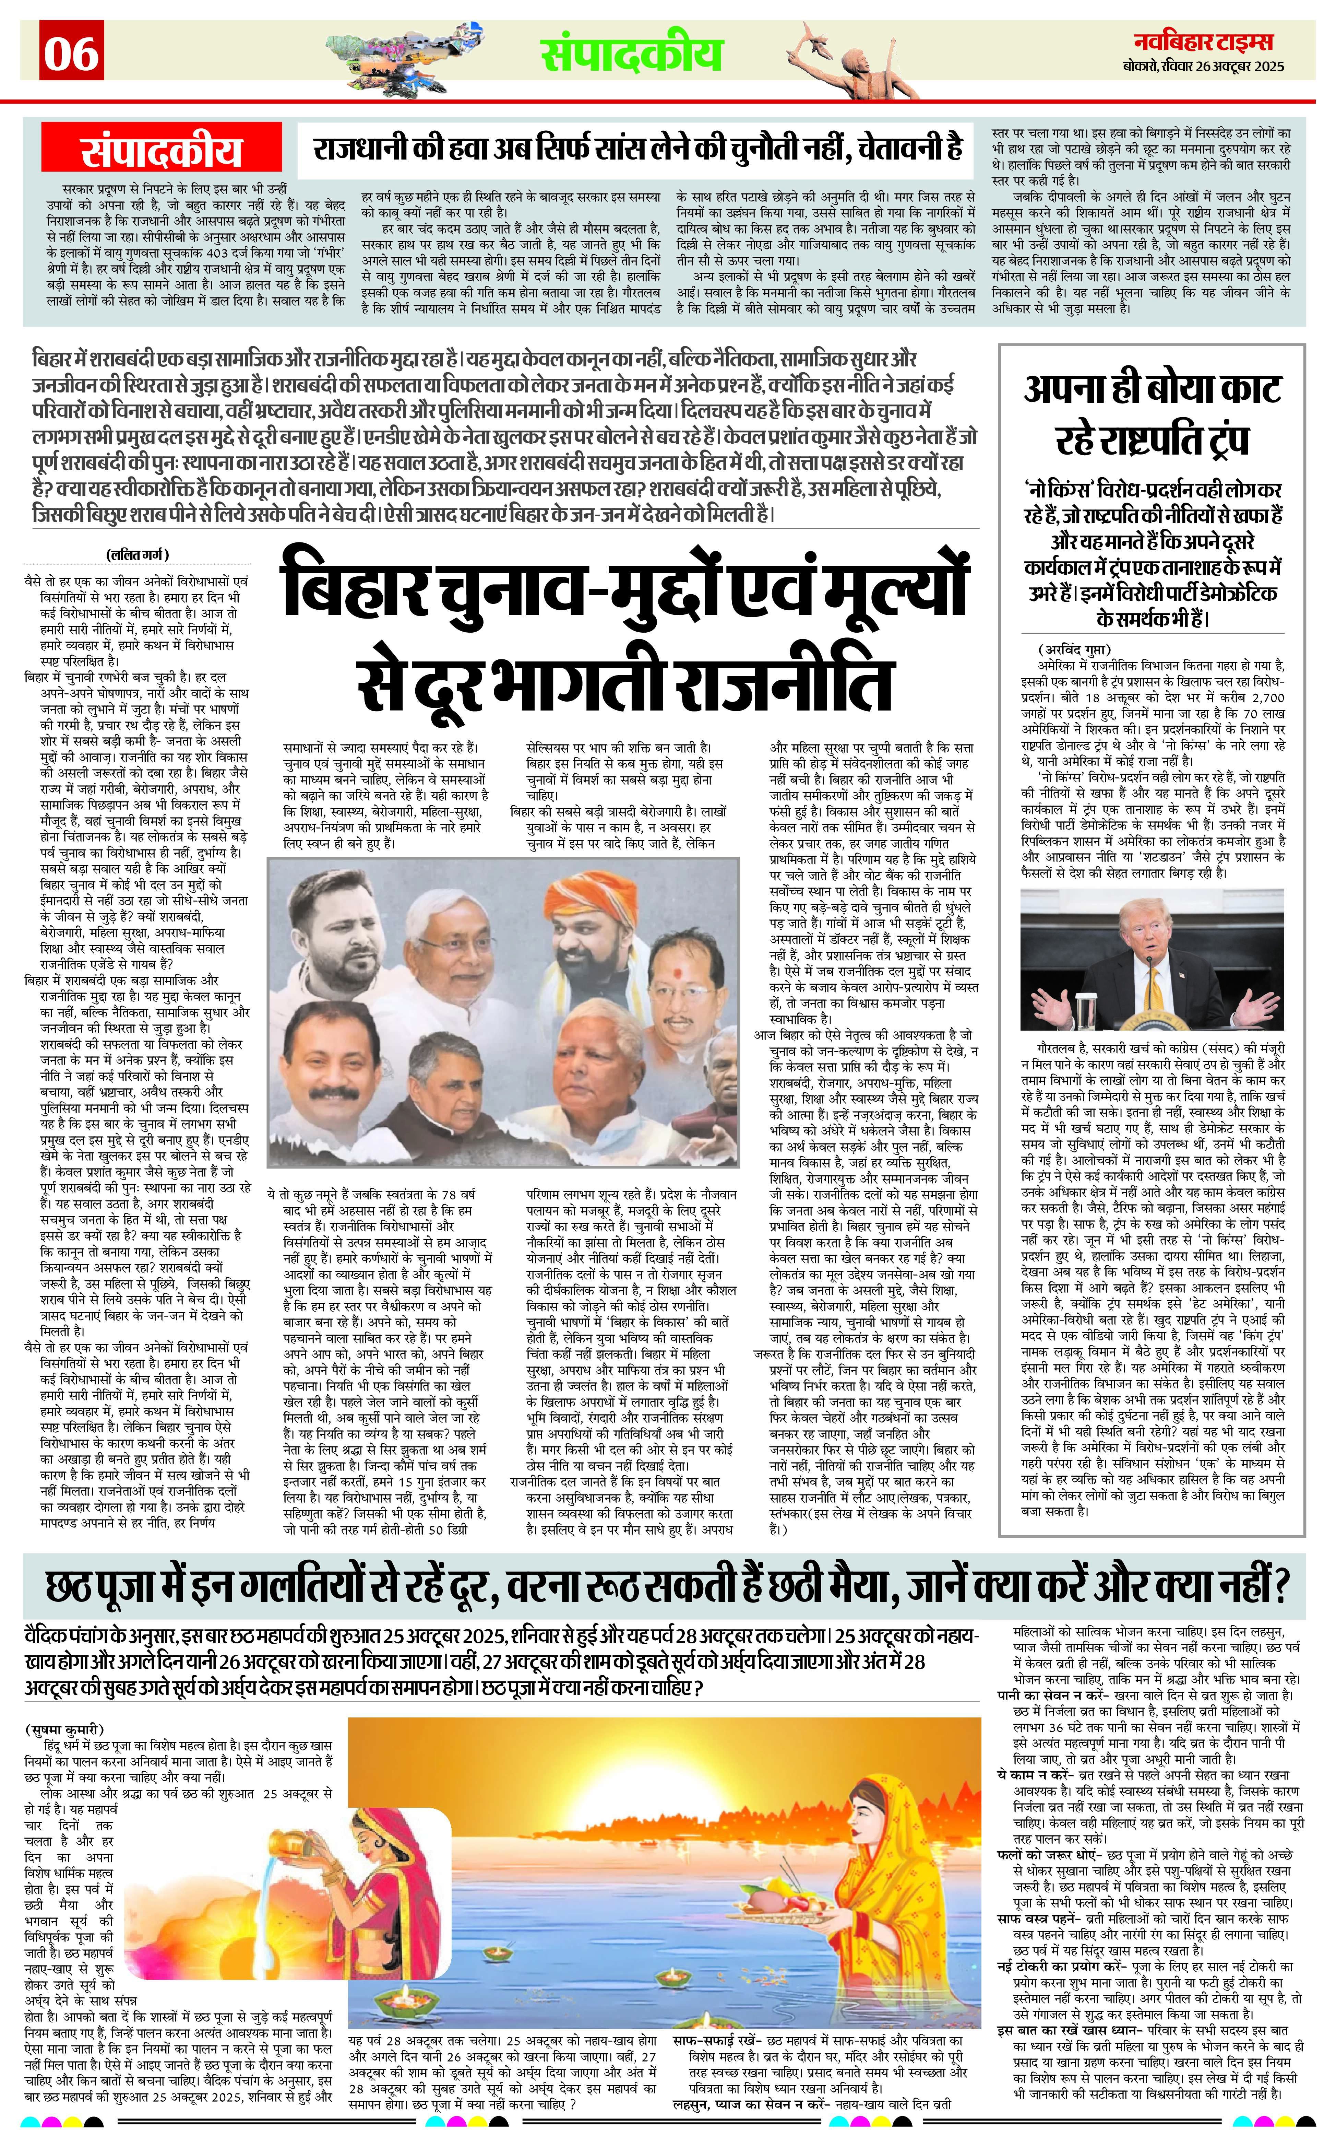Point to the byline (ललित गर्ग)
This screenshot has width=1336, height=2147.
tap(137, 555)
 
